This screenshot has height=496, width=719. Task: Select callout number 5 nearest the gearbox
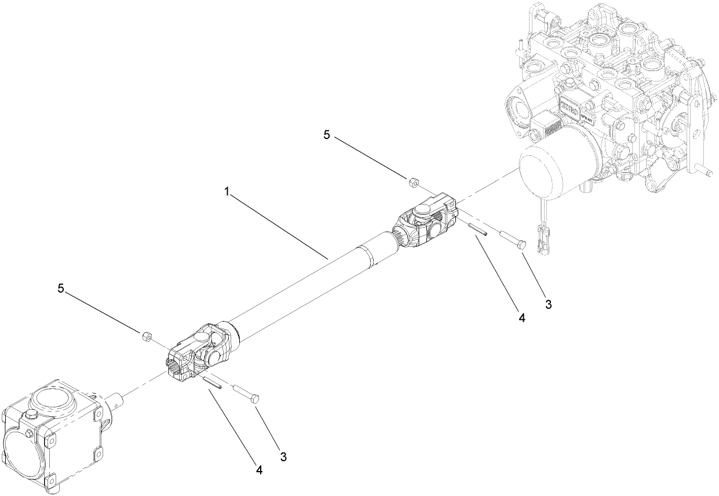coord(61,287)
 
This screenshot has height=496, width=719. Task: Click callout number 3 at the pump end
coord(548,302)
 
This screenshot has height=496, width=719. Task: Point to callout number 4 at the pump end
coord(521,318)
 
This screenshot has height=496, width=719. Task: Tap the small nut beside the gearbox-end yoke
coord(147,335)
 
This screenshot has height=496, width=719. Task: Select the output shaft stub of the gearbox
coord(118,401)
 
